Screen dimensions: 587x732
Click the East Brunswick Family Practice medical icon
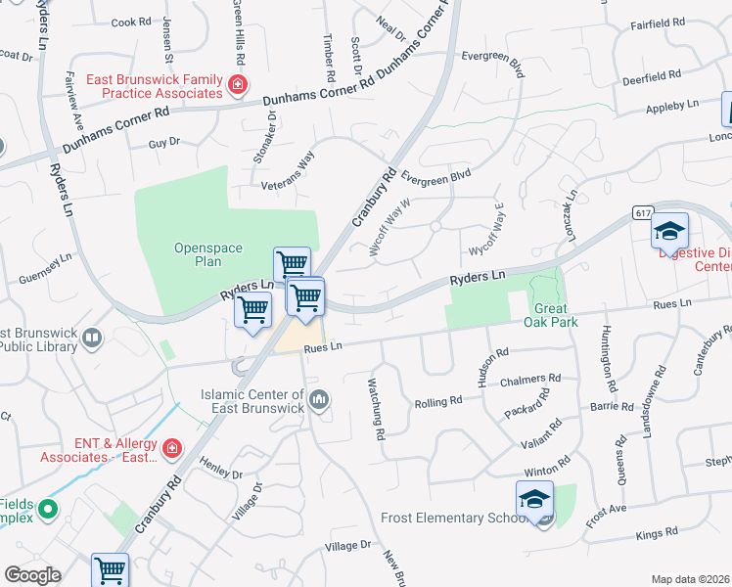coord(236,86)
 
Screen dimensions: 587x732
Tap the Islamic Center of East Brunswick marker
coord(320,398)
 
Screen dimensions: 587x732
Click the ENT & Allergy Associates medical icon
coord(171,449)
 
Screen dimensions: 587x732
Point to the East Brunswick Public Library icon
coord(92,339)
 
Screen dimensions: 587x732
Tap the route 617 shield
coord(643,212)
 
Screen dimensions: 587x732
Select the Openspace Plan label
coord(208,255)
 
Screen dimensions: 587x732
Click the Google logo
coord(31,575)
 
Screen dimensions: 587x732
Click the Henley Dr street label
coord(220,468)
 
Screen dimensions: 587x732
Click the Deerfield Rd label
coord(652,76)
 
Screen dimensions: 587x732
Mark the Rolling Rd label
coord(437,402)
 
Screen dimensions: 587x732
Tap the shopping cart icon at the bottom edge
coord(111,569)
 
